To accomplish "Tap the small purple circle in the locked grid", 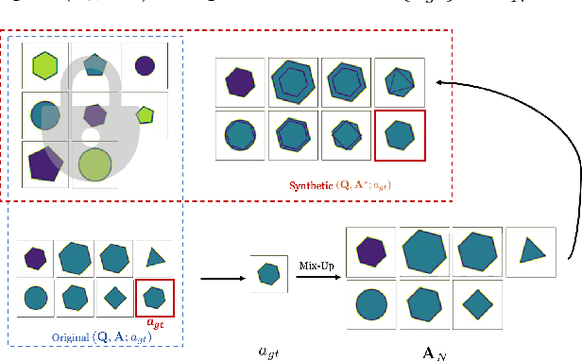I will pyautogui.click(x=145, y=65).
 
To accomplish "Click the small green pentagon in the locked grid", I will pyautogui.click(x=145, y=114).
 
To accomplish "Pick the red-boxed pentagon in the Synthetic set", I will pyautogui.click(x=400, y=135).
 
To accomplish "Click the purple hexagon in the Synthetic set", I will pyautogui.click(x=240, y=82).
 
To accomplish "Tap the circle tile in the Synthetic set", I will pyautogui.click(x=240, y=134).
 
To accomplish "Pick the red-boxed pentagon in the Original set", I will pyautogui.click(x=154, y=300).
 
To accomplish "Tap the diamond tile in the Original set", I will pyautogui.click(x=114, y=299).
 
